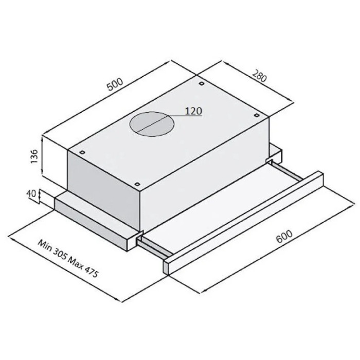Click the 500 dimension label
coord(116,84)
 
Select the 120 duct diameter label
coord(193,111)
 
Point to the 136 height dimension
coord(34,156)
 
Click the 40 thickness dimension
coord(31,194)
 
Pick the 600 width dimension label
coord(284,236)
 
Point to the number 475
coord(92,272)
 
